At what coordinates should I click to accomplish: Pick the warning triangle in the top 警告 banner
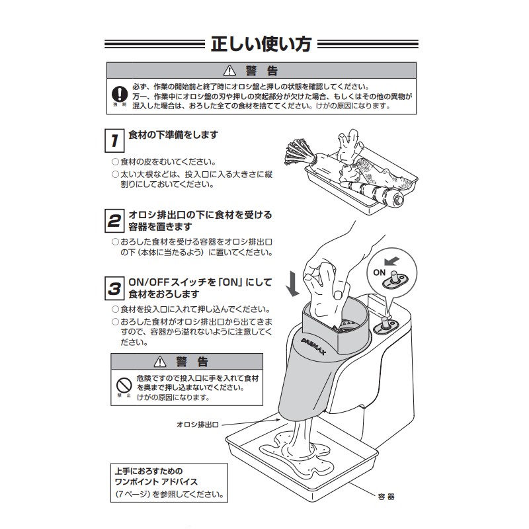230,70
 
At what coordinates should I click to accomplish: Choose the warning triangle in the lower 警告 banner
159,361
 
